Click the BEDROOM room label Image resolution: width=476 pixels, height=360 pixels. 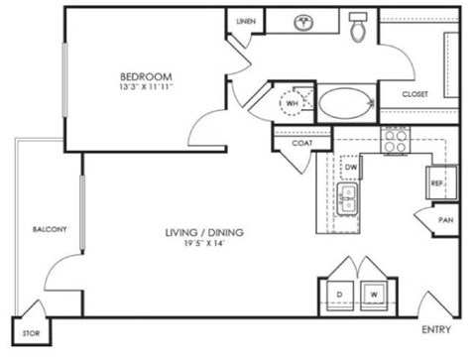(x=147, y=76)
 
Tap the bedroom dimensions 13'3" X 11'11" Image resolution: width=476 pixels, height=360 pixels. (x=147, y=87)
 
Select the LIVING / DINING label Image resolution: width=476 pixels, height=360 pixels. (x=205, y=233)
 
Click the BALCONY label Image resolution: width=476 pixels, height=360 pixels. (x=48, y=230)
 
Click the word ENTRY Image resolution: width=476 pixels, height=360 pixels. (x=436, y=329)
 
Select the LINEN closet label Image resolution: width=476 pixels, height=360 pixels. (x=245, y=21)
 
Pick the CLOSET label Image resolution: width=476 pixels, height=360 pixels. (x=415, y=94)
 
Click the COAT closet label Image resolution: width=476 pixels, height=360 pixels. (x=303, y=142)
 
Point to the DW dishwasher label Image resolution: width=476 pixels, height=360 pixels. (x=350, y=169)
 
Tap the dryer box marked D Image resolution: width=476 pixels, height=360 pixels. (x=338, y=294)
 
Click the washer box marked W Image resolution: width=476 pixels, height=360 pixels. (x=374, y=294)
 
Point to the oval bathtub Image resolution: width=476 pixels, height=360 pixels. (x=344, y=101)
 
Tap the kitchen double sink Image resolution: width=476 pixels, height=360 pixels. (x=348, y=199)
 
